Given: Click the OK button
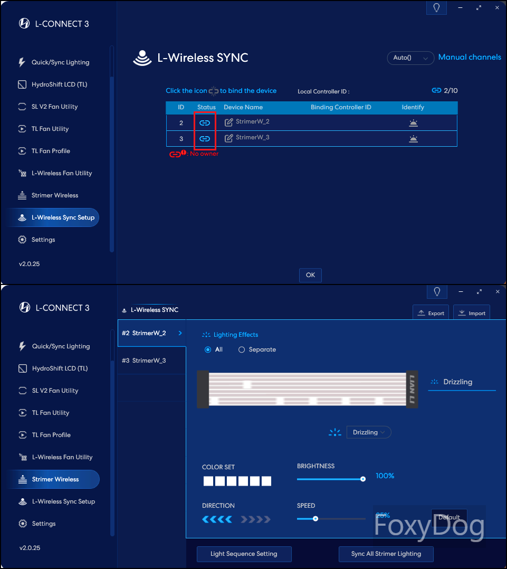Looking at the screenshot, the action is click(310, 275).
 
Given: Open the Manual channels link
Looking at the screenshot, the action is click(470, 58).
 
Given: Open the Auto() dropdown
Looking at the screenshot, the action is click(410, 58).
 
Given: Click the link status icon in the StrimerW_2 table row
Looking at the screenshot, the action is click(205, 123).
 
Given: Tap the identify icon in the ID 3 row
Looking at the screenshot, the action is click(414, 139).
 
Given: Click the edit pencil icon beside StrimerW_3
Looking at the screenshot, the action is click(228, 138).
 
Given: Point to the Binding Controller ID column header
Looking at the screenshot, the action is click(341, 108).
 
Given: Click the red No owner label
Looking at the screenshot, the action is click(204, 154).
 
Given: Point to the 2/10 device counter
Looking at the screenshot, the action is click(451, 91).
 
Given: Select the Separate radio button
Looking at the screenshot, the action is click(242, 349).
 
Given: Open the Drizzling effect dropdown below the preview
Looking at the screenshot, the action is click(369, 432).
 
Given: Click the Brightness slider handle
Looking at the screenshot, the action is click(362, 479).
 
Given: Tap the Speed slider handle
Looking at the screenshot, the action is click(315, 518).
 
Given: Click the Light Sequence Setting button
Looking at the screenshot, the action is click(244, 554).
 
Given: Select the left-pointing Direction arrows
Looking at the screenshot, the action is click(217, 519).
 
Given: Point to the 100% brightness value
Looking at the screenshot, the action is click(385, 476).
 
